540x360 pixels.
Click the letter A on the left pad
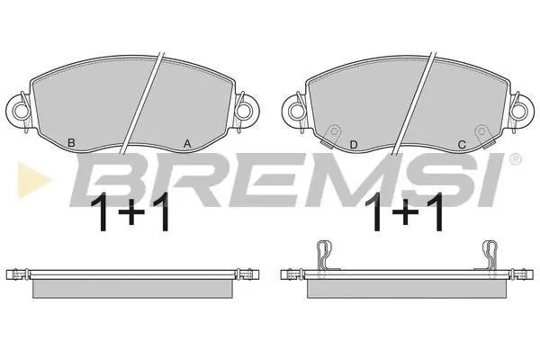[x=187, y=143]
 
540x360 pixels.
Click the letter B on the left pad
[x=71, y=142]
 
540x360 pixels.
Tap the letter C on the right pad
[x=462, y=145]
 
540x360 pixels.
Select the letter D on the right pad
[x=354, y=145]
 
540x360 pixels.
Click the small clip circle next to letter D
[x=333, y=131]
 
